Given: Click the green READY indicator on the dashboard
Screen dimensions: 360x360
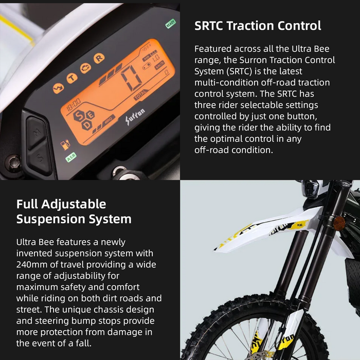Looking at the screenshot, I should (x=170, y=24).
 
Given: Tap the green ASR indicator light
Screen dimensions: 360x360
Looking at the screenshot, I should (x=70, y=156).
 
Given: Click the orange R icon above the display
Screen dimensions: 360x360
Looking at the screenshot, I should (x=99, y=58).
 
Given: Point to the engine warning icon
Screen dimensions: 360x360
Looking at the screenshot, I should (x=85, y=68).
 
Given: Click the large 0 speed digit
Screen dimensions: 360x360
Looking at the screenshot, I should (x=131, y=78).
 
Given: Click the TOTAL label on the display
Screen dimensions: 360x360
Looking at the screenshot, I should (x=139, y=96).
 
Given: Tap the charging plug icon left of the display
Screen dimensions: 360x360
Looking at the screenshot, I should (x=65, y=145).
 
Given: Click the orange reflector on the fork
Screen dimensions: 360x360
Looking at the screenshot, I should (x=338, y=223).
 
